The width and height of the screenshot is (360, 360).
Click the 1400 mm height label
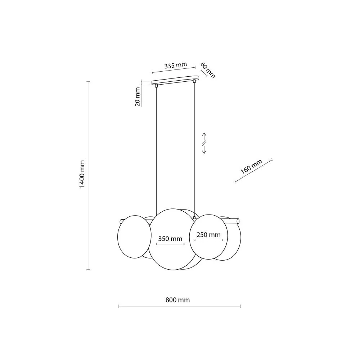[x=82, y=174]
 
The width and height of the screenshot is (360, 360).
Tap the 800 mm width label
[x=177, y=300]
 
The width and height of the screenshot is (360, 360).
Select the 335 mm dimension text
[x=175, y=66]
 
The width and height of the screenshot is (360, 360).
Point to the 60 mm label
[x=208, y=70]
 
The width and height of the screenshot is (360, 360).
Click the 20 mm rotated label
[x=137, y=97]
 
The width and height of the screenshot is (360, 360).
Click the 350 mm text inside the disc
[x=170, y=238]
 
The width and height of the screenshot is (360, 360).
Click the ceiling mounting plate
[x=175, y=80]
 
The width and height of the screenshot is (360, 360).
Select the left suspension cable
[x=156, y=151]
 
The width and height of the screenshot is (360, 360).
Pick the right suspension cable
[x=194, y=151]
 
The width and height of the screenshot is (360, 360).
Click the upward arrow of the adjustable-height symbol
[x=204, y=136]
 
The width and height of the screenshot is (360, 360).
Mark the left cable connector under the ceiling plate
[x=156, y=85]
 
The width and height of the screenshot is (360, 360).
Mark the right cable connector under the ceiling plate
[x=194, y=82]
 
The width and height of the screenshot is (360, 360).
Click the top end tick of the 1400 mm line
[x=88, y=82]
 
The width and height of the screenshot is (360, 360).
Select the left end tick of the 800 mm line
[x=119, y=306]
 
